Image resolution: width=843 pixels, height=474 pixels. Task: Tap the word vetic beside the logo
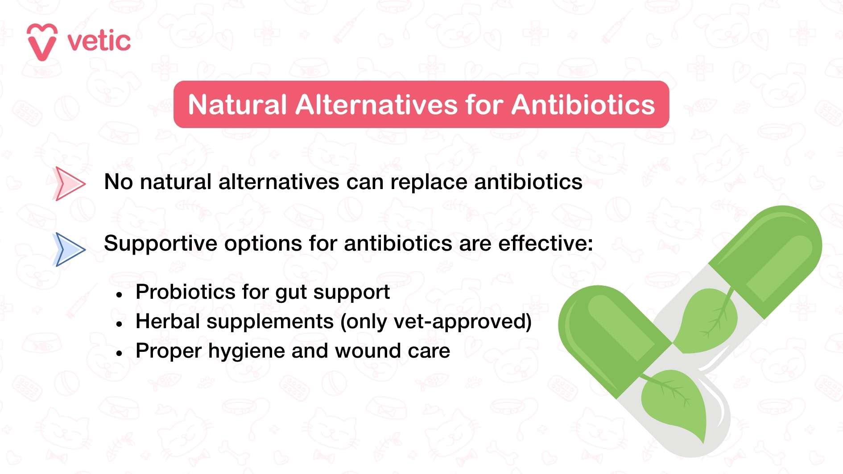pyautogui.click(x=99, y=41)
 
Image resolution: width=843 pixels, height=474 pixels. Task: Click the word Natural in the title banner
pyautogui.click(x=237, y=105)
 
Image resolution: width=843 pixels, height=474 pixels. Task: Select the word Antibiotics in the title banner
pyautogui.click(x=583, y=105)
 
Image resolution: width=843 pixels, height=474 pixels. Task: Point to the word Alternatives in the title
pyautogui.click(x=376, y=105)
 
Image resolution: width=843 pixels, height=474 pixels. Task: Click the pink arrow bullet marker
pyautogui.click(x=68, y=183)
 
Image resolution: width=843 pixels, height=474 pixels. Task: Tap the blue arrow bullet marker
pyautogui.click(x=69, y=249)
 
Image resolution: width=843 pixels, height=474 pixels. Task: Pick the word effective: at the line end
pyautogui.click(x=545, y=243)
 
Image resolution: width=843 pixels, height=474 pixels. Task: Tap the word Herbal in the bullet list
pyautogui.click(x=168, y=321)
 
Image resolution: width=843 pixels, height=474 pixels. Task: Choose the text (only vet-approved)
pyautogui.click(x=436, y=322)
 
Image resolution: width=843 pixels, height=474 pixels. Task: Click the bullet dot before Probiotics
pyautogui.click(x=119, y=295)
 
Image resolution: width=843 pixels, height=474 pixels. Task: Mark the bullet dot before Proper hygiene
pyautogui.click(x=119, y=353)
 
